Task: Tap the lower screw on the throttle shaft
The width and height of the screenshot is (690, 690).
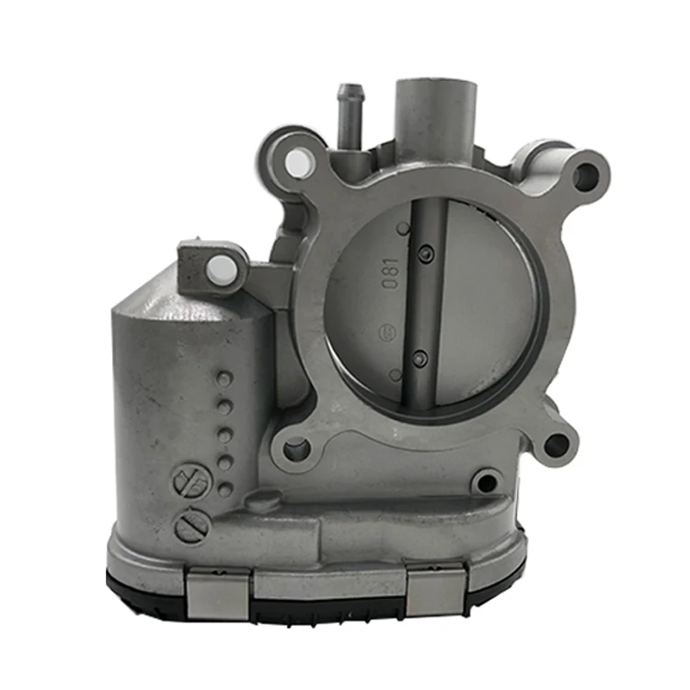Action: coord(420,360)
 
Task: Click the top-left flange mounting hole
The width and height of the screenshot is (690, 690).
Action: coord(296,164)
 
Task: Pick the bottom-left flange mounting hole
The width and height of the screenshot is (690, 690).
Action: coord(295,449)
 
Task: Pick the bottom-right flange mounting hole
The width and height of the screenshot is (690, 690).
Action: coord(556,446)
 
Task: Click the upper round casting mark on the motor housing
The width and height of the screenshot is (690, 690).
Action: coord(188,480)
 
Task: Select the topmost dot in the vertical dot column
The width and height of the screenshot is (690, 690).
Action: coord(222,378)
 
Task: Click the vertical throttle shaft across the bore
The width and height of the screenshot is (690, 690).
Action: coord(426,304)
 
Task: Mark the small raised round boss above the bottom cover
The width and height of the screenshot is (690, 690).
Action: coord(265,501)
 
